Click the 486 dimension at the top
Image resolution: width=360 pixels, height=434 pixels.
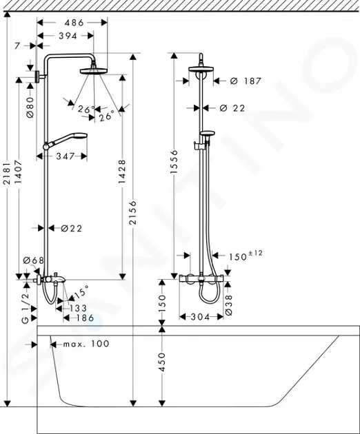pyautogui.click(x=74, y=23)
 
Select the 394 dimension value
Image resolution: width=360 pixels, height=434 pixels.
pyautogui.click(x=68, y=36)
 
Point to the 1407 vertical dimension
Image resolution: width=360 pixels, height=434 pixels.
pyautogui.click(x=19, y=172)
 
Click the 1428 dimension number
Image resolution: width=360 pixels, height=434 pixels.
pyautogui.click(x=122, y=172)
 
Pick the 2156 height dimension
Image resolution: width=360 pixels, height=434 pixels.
pyautogui.click(x=133, y=213)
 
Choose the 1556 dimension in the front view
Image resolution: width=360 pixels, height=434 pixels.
pyautogui.click(x=174, y=162)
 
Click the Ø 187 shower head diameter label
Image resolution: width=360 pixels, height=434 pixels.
pyautogui.click(x=246, y=81)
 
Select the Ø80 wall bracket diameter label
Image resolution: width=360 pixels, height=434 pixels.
pyautogui.click(x=30, y=107)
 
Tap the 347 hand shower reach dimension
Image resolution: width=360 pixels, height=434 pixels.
pyautogui.click(x=66, y=156)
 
